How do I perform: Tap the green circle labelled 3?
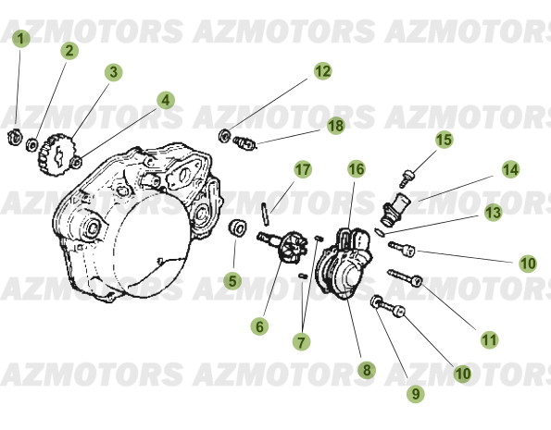(112, 71)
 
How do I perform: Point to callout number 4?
(165, 99)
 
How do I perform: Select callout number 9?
(415, 392)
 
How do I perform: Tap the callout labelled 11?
(489, 339)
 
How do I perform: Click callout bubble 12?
(321, 70)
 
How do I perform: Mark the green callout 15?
(444, 140)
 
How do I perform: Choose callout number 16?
(357, 168)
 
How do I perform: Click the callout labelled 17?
(303, 169)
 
